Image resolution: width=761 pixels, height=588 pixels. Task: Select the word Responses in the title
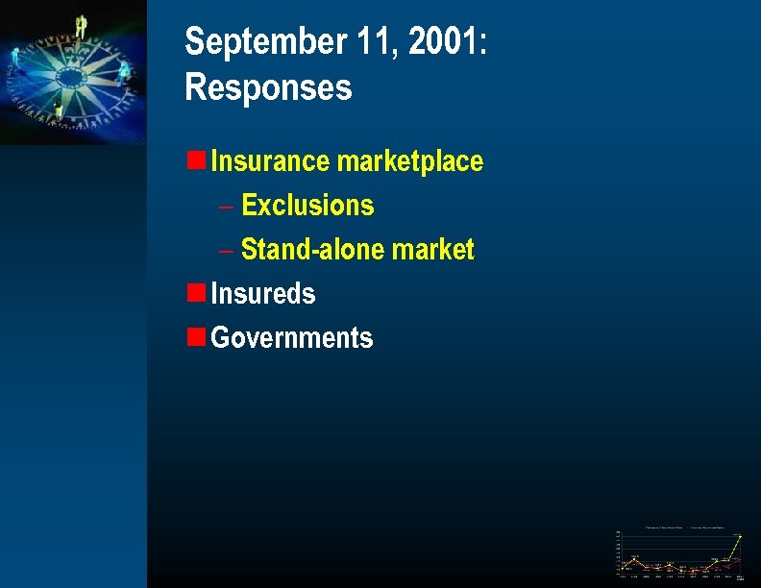268,87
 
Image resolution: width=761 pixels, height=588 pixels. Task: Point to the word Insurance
270,160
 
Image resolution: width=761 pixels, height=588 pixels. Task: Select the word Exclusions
307,206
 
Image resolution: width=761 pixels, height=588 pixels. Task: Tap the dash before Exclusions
226,206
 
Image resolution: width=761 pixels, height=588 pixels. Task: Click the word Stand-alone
301,250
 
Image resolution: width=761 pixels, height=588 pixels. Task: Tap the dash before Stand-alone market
226,251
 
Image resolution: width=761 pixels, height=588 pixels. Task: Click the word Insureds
262,294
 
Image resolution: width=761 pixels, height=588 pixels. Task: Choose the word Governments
291,338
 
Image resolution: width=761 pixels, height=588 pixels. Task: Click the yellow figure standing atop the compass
81,27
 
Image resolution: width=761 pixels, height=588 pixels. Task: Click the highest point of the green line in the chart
740,536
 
